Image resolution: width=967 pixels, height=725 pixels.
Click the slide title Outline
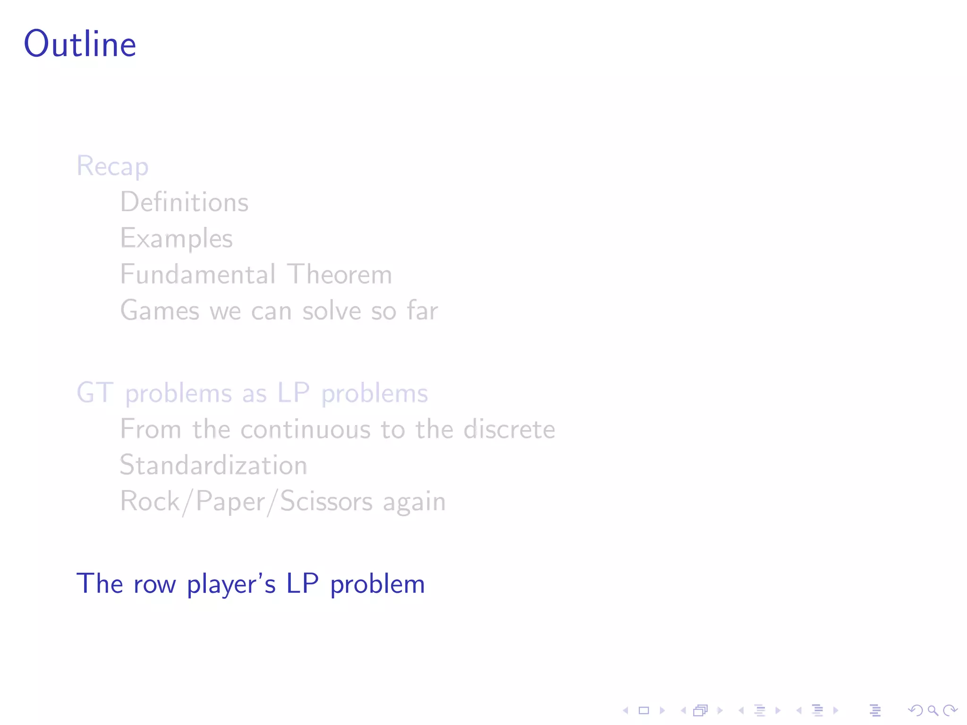click(x=80, y=44)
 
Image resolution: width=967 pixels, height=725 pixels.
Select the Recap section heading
click(x=112, y=166)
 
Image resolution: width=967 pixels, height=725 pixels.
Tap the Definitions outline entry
click(x=184, y=202)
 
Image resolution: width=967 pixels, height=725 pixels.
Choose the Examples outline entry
click(x=176, y=238)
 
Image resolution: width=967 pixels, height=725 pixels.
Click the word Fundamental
click(x=198, y=274)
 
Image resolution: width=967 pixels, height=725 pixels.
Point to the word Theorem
click(x=339, y=274)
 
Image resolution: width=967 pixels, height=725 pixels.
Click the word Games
click(x=160, y=311)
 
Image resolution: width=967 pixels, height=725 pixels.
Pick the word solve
click(x=331, y=311)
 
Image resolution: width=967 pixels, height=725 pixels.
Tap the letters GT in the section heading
click(x=95, y=393)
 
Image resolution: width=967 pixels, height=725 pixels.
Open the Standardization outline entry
click(x=213, y=465)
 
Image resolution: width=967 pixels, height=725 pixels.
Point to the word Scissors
click(x=326, y=501)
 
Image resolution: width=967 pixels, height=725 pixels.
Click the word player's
click(x=231, y=584)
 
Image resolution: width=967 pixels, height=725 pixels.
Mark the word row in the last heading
click(x=154, y=584)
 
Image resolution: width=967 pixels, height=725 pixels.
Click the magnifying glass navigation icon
click(x=933, y=710)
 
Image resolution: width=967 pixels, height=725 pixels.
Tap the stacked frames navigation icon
click(x=701, y=710)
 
